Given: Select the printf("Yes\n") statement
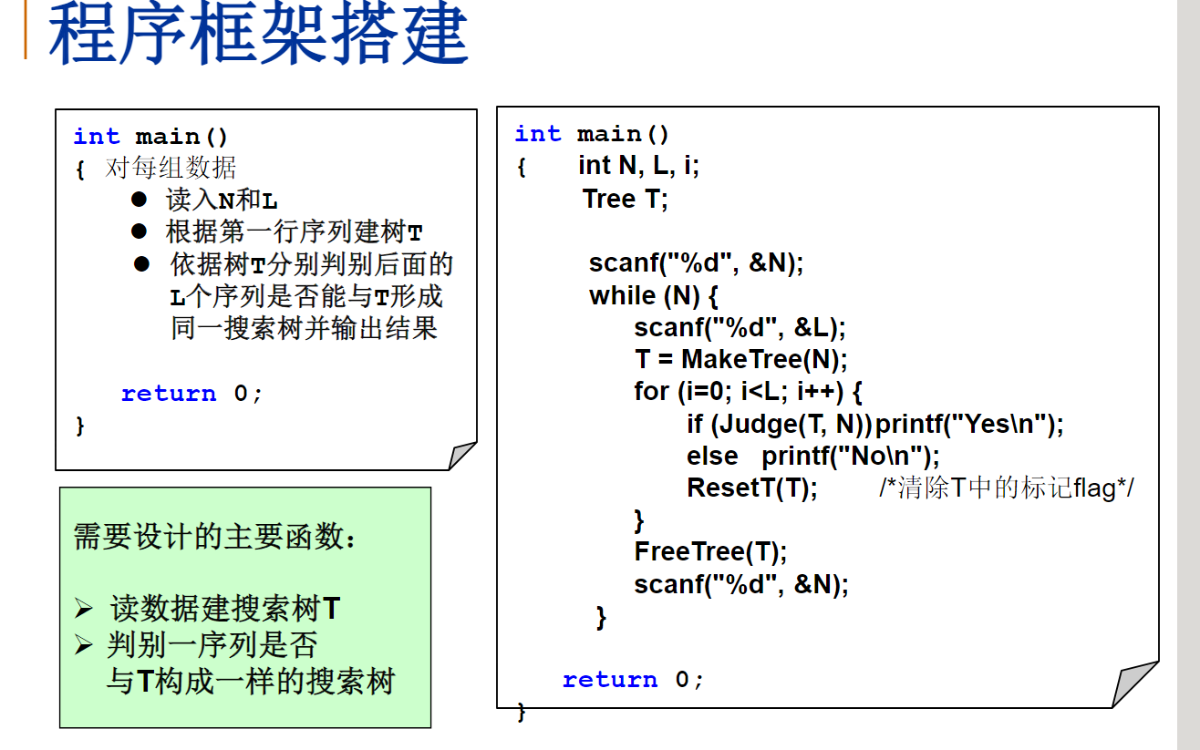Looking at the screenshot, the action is [x=970, y=424].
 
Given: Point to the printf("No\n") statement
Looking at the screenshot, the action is [x=850, y=456].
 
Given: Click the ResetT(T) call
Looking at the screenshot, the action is [x=752, y=488].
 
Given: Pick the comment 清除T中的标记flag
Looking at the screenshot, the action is [x=1007, y=488].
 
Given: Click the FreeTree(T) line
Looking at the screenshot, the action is [x=710, y=551].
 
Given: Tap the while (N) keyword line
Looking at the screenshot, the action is [x=655, y=295].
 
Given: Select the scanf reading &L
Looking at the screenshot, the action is [x=740, y=327].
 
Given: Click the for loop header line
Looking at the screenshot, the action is [x=748, y=391].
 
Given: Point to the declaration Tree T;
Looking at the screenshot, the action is [x=626, y=199].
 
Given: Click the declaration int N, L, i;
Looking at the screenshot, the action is [x=638, y=166].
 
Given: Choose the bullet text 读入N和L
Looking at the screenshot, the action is [x=222, y=200].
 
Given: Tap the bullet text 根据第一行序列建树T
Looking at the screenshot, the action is [x=294, y=231].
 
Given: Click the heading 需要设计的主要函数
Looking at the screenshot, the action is [x=215, y=537].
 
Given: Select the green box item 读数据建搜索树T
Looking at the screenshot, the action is [x=225, y=608].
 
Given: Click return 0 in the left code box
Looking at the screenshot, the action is [x=191, y=394].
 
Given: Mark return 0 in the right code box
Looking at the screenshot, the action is [x=633, y=680].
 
